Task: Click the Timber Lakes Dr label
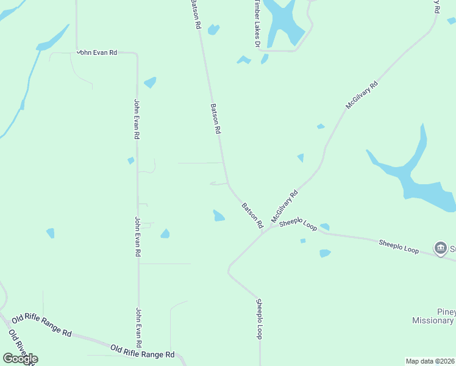click(257, 24)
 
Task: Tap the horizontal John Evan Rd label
click(96, 53)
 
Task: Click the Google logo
click(20, 359)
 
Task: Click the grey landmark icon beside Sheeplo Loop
click(440, 248)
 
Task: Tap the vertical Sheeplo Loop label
click(259, 319)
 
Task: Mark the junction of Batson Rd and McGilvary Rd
click(263, 231)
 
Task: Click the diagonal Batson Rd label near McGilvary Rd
click(252, 213)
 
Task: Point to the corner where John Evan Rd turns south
click(137, 55)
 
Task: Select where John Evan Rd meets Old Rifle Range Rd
click(139, 348)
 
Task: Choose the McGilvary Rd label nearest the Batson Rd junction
click(284, 206)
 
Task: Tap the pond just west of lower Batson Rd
click(218, 215)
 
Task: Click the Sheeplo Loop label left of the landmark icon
click(399, 246)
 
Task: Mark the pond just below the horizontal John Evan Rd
click(150, 82)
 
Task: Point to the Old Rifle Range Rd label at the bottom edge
click(143, 351)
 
